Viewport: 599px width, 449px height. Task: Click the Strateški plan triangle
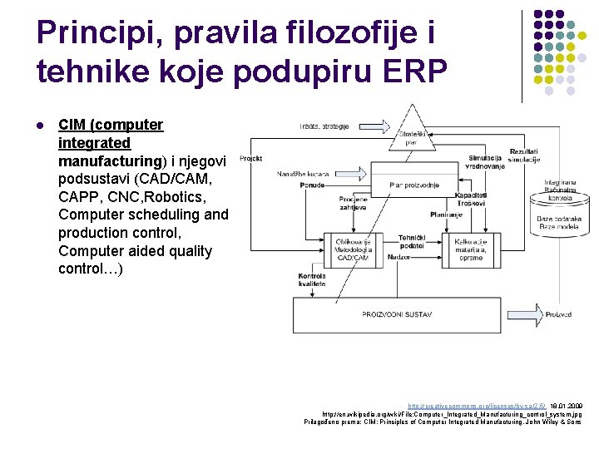(413, 134)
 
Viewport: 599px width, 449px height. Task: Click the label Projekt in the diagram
(250, 157)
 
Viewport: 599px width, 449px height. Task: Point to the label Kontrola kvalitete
(312, 279)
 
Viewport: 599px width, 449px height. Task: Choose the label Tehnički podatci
(412, 242)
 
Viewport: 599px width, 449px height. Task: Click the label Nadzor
(399, 258)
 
